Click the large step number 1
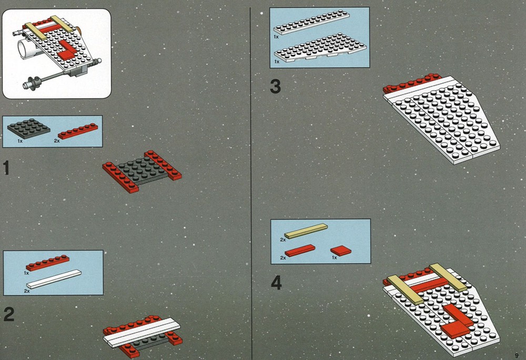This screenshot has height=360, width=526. pyautogui.click(x=6, y=168)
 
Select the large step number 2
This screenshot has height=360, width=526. pyautogui.click(x=9, y=314)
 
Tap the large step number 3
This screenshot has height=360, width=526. pyautogui.click(x=276, y=86)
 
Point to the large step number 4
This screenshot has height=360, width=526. pyautogui.click(x=277, y=284)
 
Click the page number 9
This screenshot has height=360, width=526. pyautogui.click(x=517, y=355)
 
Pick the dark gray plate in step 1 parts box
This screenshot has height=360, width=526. pyautogui.click(x=28, y=128)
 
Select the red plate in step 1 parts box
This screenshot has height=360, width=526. pyautogui.click(x=78, y=131)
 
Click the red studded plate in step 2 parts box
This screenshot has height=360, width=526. pyautogui.click(x=48, y=263)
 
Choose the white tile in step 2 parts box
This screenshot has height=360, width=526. pyautogui.click(x=54, y=279)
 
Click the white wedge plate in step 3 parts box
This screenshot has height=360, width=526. pyautogui.click(x=320, y=48)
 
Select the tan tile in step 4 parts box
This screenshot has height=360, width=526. pyautogui.click(x=306, y=231)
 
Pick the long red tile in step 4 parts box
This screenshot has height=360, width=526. pyautogui.click(x=300, y=251)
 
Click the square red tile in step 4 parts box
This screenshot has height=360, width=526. pyautogui.click(x=341, y=251)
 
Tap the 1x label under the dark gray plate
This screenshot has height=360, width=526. pyautogui.click(x=20, y=141)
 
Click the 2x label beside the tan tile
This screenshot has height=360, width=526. pyautogui.click(x=283, y=240)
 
